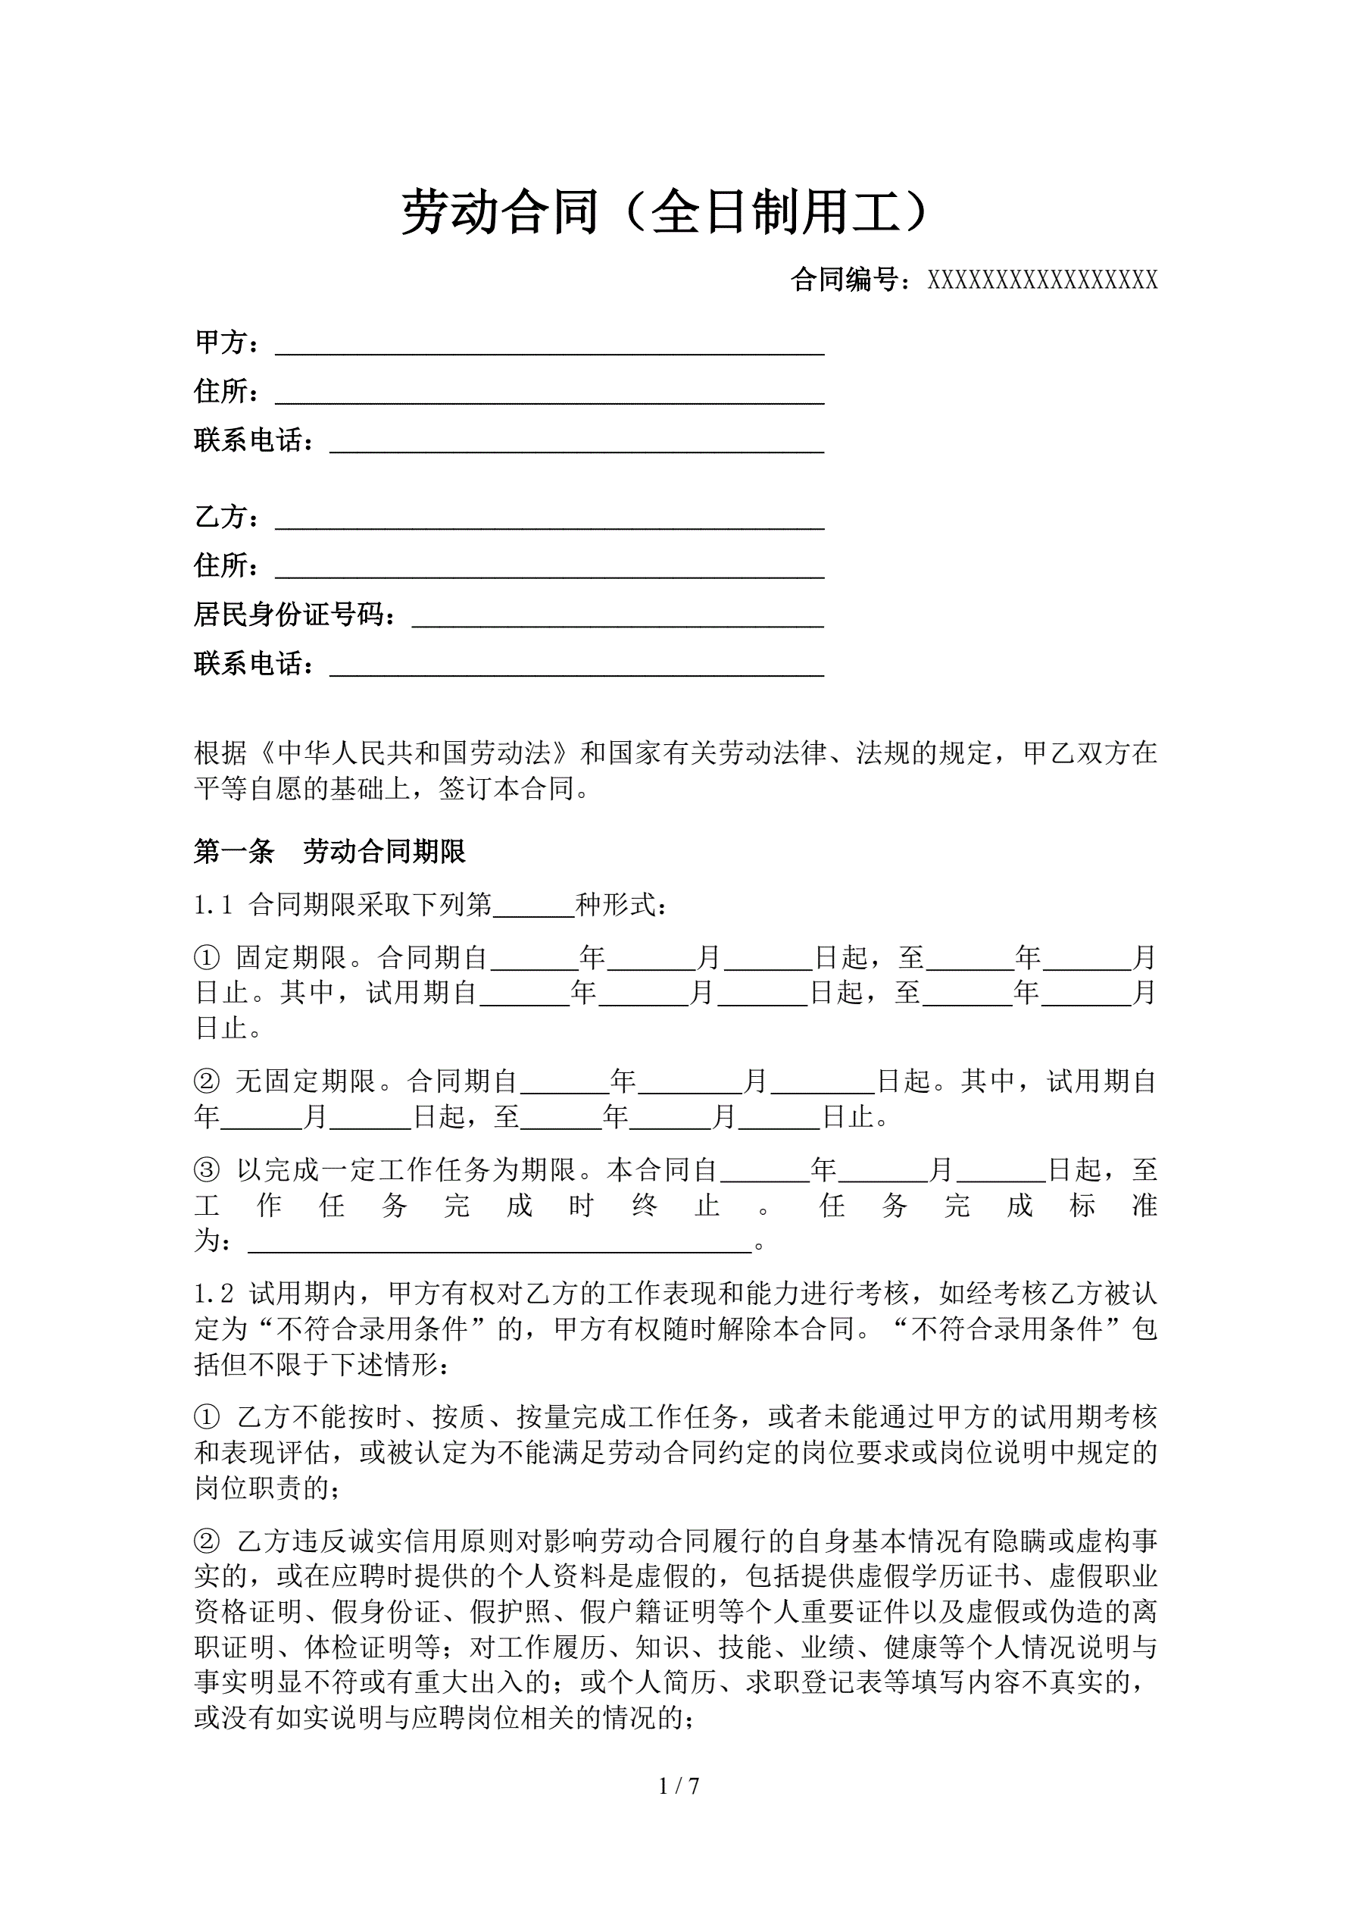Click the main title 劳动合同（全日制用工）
[x=666, y=212]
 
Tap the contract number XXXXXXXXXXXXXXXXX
[x=1042, y=280]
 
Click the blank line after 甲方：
[x=549, y=346]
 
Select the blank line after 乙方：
[x=549, y=521]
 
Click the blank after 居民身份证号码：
[x=618, y=618]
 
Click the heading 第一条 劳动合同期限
[x=329, y=851]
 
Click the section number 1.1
[x=213, y=905]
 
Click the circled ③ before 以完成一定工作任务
[x=207, y=1170]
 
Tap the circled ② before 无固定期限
[x=207, y=1081]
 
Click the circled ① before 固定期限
[x=207, y=958]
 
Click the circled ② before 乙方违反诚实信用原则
[x=207, y=1541]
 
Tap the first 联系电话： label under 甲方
[x=254, y=440]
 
